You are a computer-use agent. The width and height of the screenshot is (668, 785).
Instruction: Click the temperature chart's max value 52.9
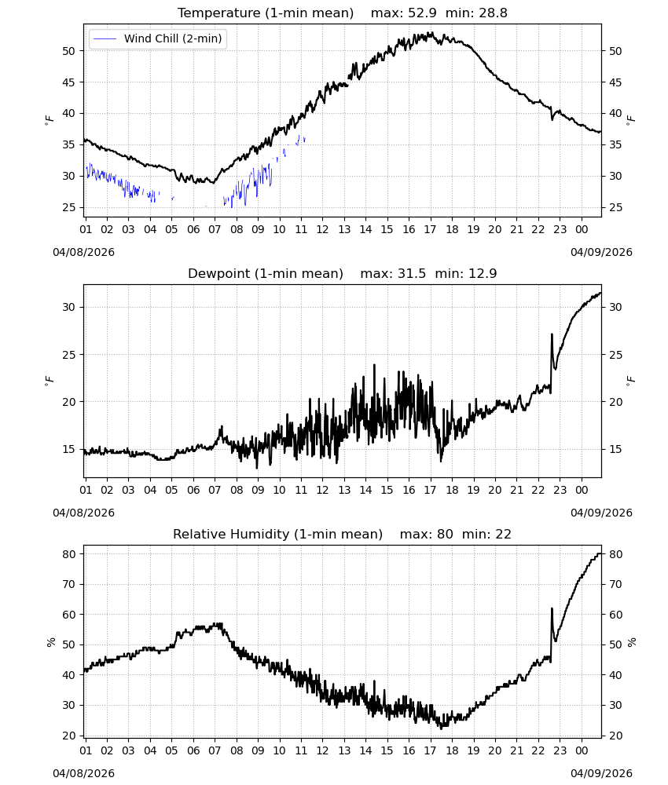(x=422, y=13)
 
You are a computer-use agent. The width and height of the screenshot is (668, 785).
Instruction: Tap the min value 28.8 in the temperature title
(x=494, y=13)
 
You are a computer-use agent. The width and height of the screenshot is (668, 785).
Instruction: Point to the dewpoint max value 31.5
(x=412, y=273)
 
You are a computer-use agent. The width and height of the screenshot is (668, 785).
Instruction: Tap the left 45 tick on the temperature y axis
(x=68, y=82)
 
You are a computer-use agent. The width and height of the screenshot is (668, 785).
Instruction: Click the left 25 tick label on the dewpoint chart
(x=68, y=355)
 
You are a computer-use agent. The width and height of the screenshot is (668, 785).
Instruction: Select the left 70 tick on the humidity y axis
(x=68, y=584)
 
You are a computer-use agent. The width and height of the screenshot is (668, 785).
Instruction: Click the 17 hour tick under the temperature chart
(x=431, y=229)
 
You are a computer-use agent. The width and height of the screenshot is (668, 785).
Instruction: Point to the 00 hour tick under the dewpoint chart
(x=582, y=490)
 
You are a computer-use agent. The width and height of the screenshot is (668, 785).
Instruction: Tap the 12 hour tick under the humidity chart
(x=323, y=750)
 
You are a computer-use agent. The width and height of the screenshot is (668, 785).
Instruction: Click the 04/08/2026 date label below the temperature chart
(x=83, y=252)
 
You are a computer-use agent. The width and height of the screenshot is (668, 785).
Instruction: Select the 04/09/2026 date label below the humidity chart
(x=601, y=773)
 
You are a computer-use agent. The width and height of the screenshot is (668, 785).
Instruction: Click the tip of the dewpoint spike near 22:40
(x=552, y=334)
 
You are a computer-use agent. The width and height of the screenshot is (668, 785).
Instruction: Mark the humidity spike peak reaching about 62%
(x=552, y=608)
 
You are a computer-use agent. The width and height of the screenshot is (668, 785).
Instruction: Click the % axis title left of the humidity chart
(x=50, y=642)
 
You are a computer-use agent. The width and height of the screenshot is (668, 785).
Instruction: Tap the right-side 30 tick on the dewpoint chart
(x=615, y=308)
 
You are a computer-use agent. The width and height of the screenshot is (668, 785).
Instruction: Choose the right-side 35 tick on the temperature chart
(x=615, y=144)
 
